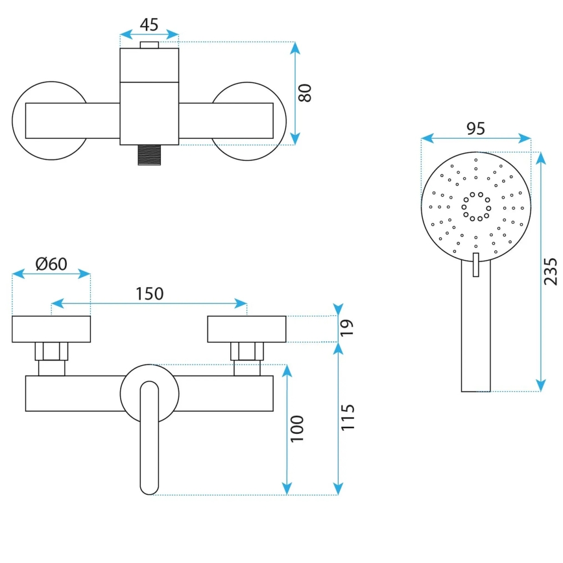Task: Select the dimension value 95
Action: [475, 128]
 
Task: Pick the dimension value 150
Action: [149, 293]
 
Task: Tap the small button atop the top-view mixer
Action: [149, 45]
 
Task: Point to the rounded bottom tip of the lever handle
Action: [149, 486]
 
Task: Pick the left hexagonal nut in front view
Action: [51, 351]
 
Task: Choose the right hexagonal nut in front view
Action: [247, 351]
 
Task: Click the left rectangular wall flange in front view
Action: [51, 329]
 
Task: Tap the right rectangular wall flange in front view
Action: [247, 329]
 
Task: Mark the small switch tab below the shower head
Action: [475, 265]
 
